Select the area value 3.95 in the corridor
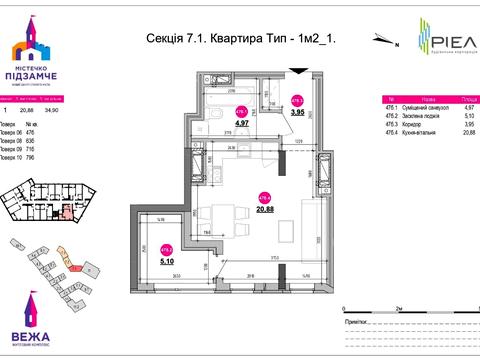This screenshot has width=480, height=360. [x=297, y=112]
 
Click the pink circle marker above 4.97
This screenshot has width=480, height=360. [x=241, y=111]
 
